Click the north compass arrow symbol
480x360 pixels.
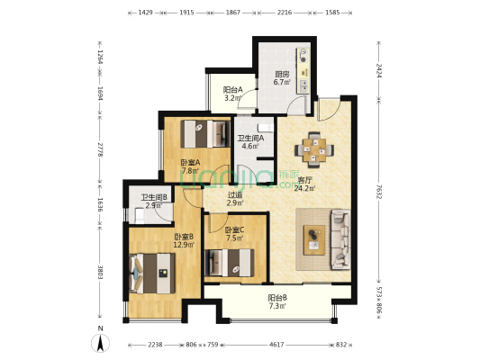click(x=100, y=343)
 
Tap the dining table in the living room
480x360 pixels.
click(x=314, y=150)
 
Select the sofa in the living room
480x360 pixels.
click(x=341, y=239)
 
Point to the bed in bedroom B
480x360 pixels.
click(x=152, y=273)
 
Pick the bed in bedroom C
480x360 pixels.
click(x=230, y=263)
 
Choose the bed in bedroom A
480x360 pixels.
click(x=205, y=134)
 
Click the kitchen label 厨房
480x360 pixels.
click(x=282, y=75)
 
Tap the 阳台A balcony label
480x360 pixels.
click(x=233, y=90)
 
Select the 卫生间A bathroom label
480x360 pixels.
click(x=250, y=139)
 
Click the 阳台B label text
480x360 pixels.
click(x=277, y=298)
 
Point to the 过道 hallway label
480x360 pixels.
click(x=235, y=194)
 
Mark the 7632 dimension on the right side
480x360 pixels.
click(x=379, y=192)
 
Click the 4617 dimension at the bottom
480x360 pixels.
click(x=276, y=345)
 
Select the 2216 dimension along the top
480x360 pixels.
click(x=285, y=13)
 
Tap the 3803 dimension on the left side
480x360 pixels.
click(x=100, y=271)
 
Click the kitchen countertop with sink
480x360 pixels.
click(x=303, y=71)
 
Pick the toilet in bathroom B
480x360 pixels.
click(x=140, y=215)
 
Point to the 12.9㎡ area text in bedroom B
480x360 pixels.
click(x=184, y=245)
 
